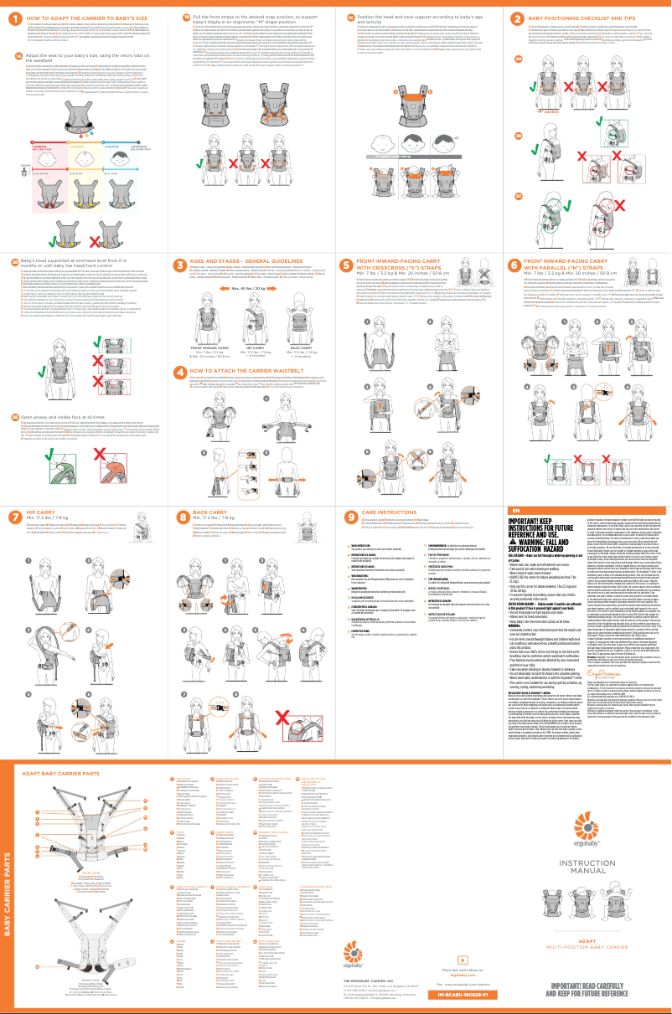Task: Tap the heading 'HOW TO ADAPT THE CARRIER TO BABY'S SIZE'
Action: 76,18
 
